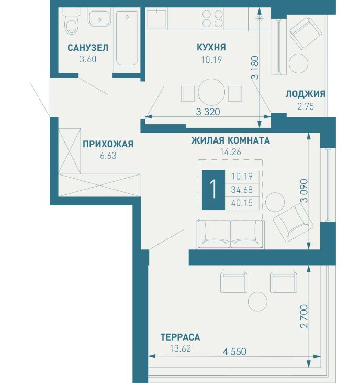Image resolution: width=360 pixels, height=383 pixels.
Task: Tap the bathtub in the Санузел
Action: (x=127, y=38)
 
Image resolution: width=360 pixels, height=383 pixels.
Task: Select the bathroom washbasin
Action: (x=99, y=18)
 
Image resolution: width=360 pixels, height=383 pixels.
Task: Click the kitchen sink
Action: (x=157, y=18)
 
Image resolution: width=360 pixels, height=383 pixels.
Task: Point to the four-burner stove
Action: (x=212, y=18)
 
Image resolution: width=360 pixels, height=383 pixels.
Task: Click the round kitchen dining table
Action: (x=211, y=92)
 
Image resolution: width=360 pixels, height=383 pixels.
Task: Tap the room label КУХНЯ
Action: (x=211, y=47)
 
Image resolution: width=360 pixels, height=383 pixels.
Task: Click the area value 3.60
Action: (x=88, y=59)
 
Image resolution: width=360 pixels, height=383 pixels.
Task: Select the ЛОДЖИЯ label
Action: (x=306, y=94)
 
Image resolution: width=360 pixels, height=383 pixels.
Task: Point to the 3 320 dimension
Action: (x=208, y=112)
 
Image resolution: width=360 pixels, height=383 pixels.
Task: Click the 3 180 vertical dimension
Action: (x=255, y=68)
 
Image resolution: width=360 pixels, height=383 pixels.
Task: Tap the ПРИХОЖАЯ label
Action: (x=108, y=144)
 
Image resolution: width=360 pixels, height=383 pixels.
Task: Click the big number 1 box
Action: (x=213, y=190)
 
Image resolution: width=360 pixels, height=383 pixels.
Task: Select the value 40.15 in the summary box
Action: (x=242, y=203)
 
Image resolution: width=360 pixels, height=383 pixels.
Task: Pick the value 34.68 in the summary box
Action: (x=242, y=190)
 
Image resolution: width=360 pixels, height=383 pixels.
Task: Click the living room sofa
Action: (x=230, y=234)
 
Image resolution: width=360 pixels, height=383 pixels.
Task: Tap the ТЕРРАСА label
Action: (x=180, y=337)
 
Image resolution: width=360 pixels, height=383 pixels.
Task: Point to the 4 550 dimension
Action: (x=234, y=352)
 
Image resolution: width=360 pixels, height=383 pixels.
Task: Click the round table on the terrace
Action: (x=258, y=301)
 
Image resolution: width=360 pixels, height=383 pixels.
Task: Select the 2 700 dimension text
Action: (x=304, y=316)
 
